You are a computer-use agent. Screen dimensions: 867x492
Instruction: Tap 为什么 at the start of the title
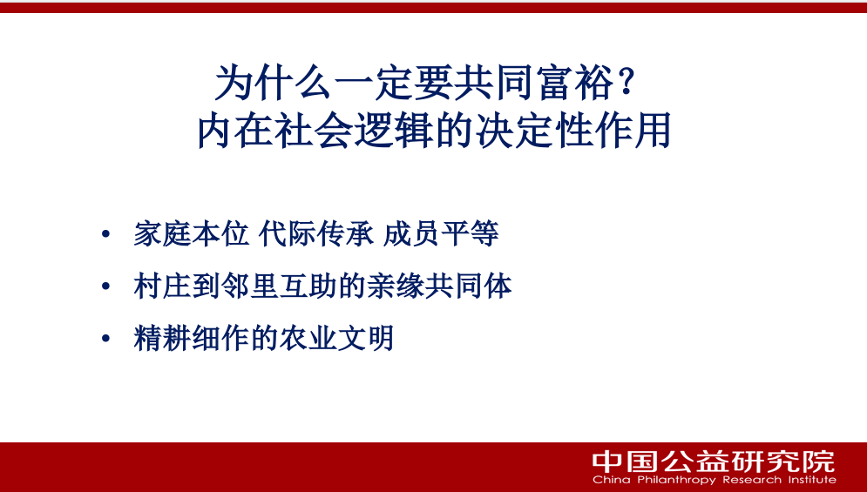point(273,83)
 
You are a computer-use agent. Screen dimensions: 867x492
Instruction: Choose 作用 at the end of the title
point(633,131)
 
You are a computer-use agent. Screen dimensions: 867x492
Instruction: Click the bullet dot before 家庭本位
point(106,234)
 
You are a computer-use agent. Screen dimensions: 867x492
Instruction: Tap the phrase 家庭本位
point(192,233)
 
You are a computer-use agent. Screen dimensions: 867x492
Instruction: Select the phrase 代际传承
point(316,233)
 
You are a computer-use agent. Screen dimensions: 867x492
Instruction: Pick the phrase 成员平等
point(441,233)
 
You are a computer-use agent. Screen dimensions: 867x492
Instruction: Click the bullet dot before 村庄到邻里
point(106,286)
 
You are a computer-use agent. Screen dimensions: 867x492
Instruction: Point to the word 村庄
point(163,286)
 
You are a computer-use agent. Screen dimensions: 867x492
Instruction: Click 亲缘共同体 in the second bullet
point(439,286)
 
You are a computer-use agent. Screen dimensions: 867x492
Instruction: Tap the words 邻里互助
point(279,286)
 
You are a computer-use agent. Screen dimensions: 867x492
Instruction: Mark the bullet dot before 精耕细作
point(106,339)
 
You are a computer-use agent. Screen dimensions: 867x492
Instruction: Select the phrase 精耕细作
point(192,338)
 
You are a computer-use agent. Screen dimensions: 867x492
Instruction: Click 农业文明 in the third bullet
point(336,338)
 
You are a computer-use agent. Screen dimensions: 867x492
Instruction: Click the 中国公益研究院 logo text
point(714,461)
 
